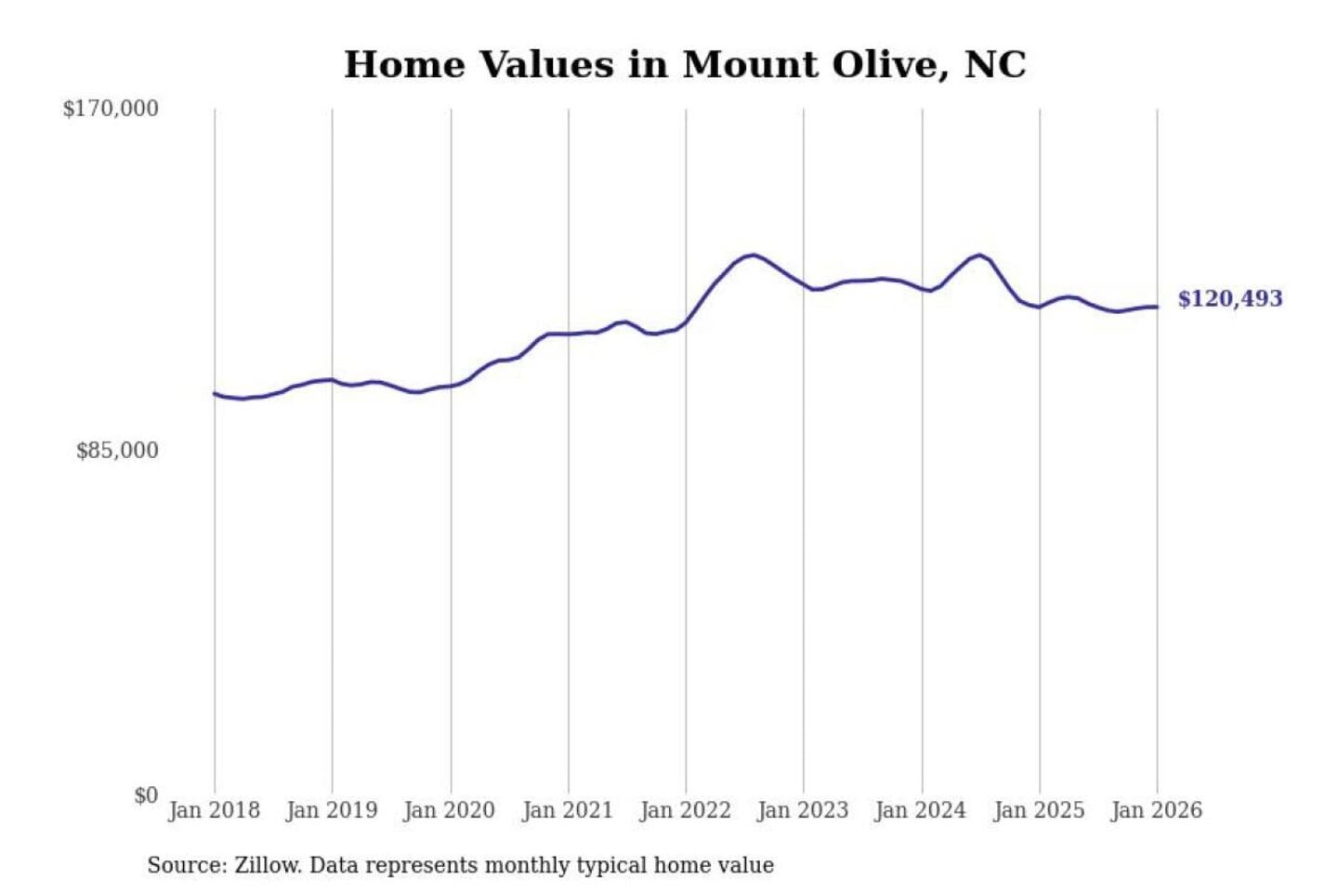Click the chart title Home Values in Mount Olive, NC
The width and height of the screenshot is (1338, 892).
click(x=685, y=65)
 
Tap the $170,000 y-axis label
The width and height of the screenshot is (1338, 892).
click(x=111, y=109)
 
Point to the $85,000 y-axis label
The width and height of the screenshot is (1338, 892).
click(x=117, y=451)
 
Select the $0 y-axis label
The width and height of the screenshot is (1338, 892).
click(x=146, y=795)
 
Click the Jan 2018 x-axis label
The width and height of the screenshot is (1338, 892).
click(x=214, y=810)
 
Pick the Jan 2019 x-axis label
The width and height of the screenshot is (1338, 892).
click(x=332, y=810)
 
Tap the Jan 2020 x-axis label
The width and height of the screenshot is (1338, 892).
click(x=450, y=810)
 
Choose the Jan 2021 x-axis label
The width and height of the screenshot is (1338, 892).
click(x=568, y=810)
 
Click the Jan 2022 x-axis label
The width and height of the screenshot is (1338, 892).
click(x=686, y=810)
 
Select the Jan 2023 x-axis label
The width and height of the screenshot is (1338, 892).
click(x=803, y=810)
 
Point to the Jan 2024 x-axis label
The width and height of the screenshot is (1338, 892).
click(x=921, y=810)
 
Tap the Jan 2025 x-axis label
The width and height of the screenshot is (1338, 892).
click(x=1039, y=810)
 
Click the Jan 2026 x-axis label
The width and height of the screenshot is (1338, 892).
click(x=1157, y=810)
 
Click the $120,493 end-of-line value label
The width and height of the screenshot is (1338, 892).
click(x=1230, y=298)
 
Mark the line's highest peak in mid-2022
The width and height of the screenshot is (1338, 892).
click(x=753, y=255)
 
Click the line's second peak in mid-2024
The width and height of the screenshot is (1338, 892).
click(x=979, y=255)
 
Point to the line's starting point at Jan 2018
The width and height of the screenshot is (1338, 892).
click(x=215, y=393)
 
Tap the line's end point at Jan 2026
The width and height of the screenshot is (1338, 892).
click(x=1157, y=307)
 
